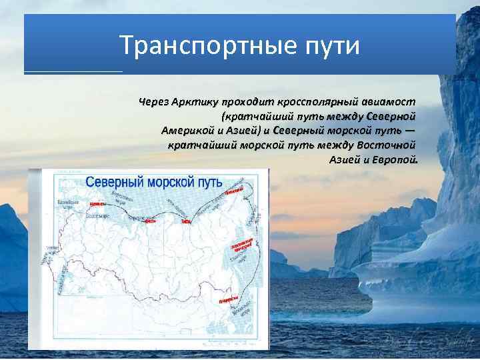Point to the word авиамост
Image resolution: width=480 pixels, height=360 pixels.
pos(389,102)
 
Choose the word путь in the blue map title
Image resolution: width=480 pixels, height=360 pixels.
pos(213,181)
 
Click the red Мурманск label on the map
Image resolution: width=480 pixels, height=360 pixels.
pos(97,203)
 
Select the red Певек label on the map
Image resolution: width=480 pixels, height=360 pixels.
pos(232,192)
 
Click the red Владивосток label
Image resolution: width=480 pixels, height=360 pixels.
pos(227,301)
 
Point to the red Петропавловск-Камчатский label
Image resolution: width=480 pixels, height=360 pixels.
pos(243,243)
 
